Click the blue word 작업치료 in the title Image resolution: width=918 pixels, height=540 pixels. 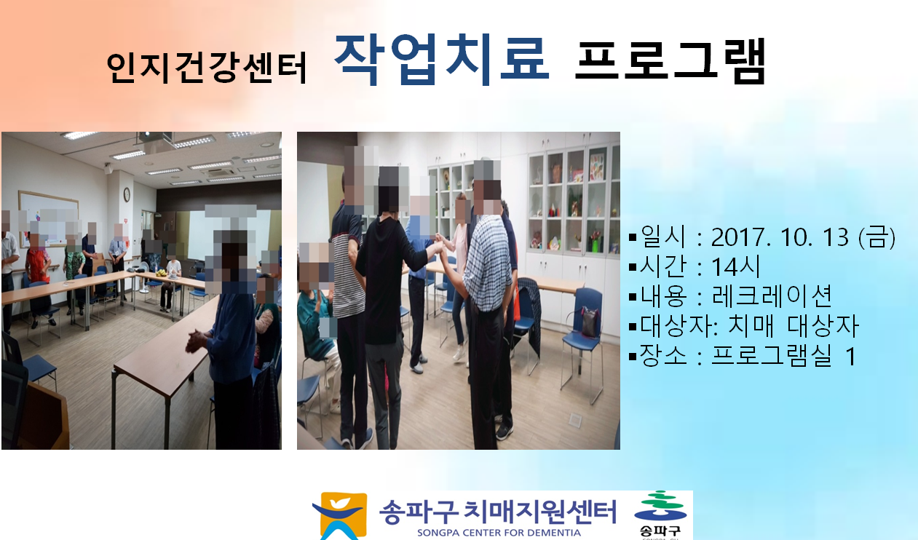(442, 59)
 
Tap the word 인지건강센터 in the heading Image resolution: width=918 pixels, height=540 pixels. (207, 68)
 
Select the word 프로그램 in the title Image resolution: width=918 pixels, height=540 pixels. (670, 60)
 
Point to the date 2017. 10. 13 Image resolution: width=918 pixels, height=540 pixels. (780, 237)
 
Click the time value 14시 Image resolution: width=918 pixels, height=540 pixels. (735, 266)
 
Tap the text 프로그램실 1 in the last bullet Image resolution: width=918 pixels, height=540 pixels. (783, 355)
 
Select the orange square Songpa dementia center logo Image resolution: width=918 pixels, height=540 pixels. (340, 516)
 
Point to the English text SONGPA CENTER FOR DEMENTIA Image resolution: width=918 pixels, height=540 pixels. (499, 533)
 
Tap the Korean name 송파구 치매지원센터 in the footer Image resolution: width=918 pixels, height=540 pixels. (497, 512)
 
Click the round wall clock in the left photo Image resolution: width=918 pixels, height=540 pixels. (127, 194)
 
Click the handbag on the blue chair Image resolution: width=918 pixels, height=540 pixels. (590, 322)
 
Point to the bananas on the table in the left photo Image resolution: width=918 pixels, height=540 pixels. (161, 272)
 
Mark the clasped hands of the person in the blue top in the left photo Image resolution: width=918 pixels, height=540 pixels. (197, 341)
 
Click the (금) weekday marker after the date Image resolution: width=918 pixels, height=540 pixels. (877, 237)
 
